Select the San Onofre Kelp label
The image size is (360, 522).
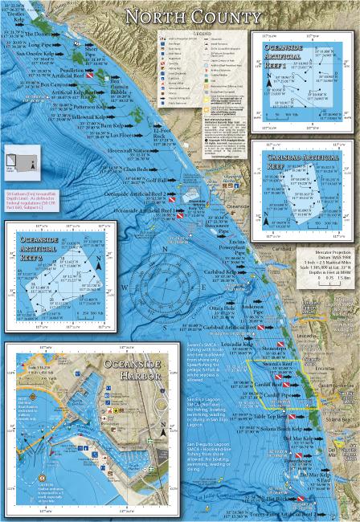tap(36, 54)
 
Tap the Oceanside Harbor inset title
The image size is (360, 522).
tap(133, 370)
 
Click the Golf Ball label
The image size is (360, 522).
tap(158, 181)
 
